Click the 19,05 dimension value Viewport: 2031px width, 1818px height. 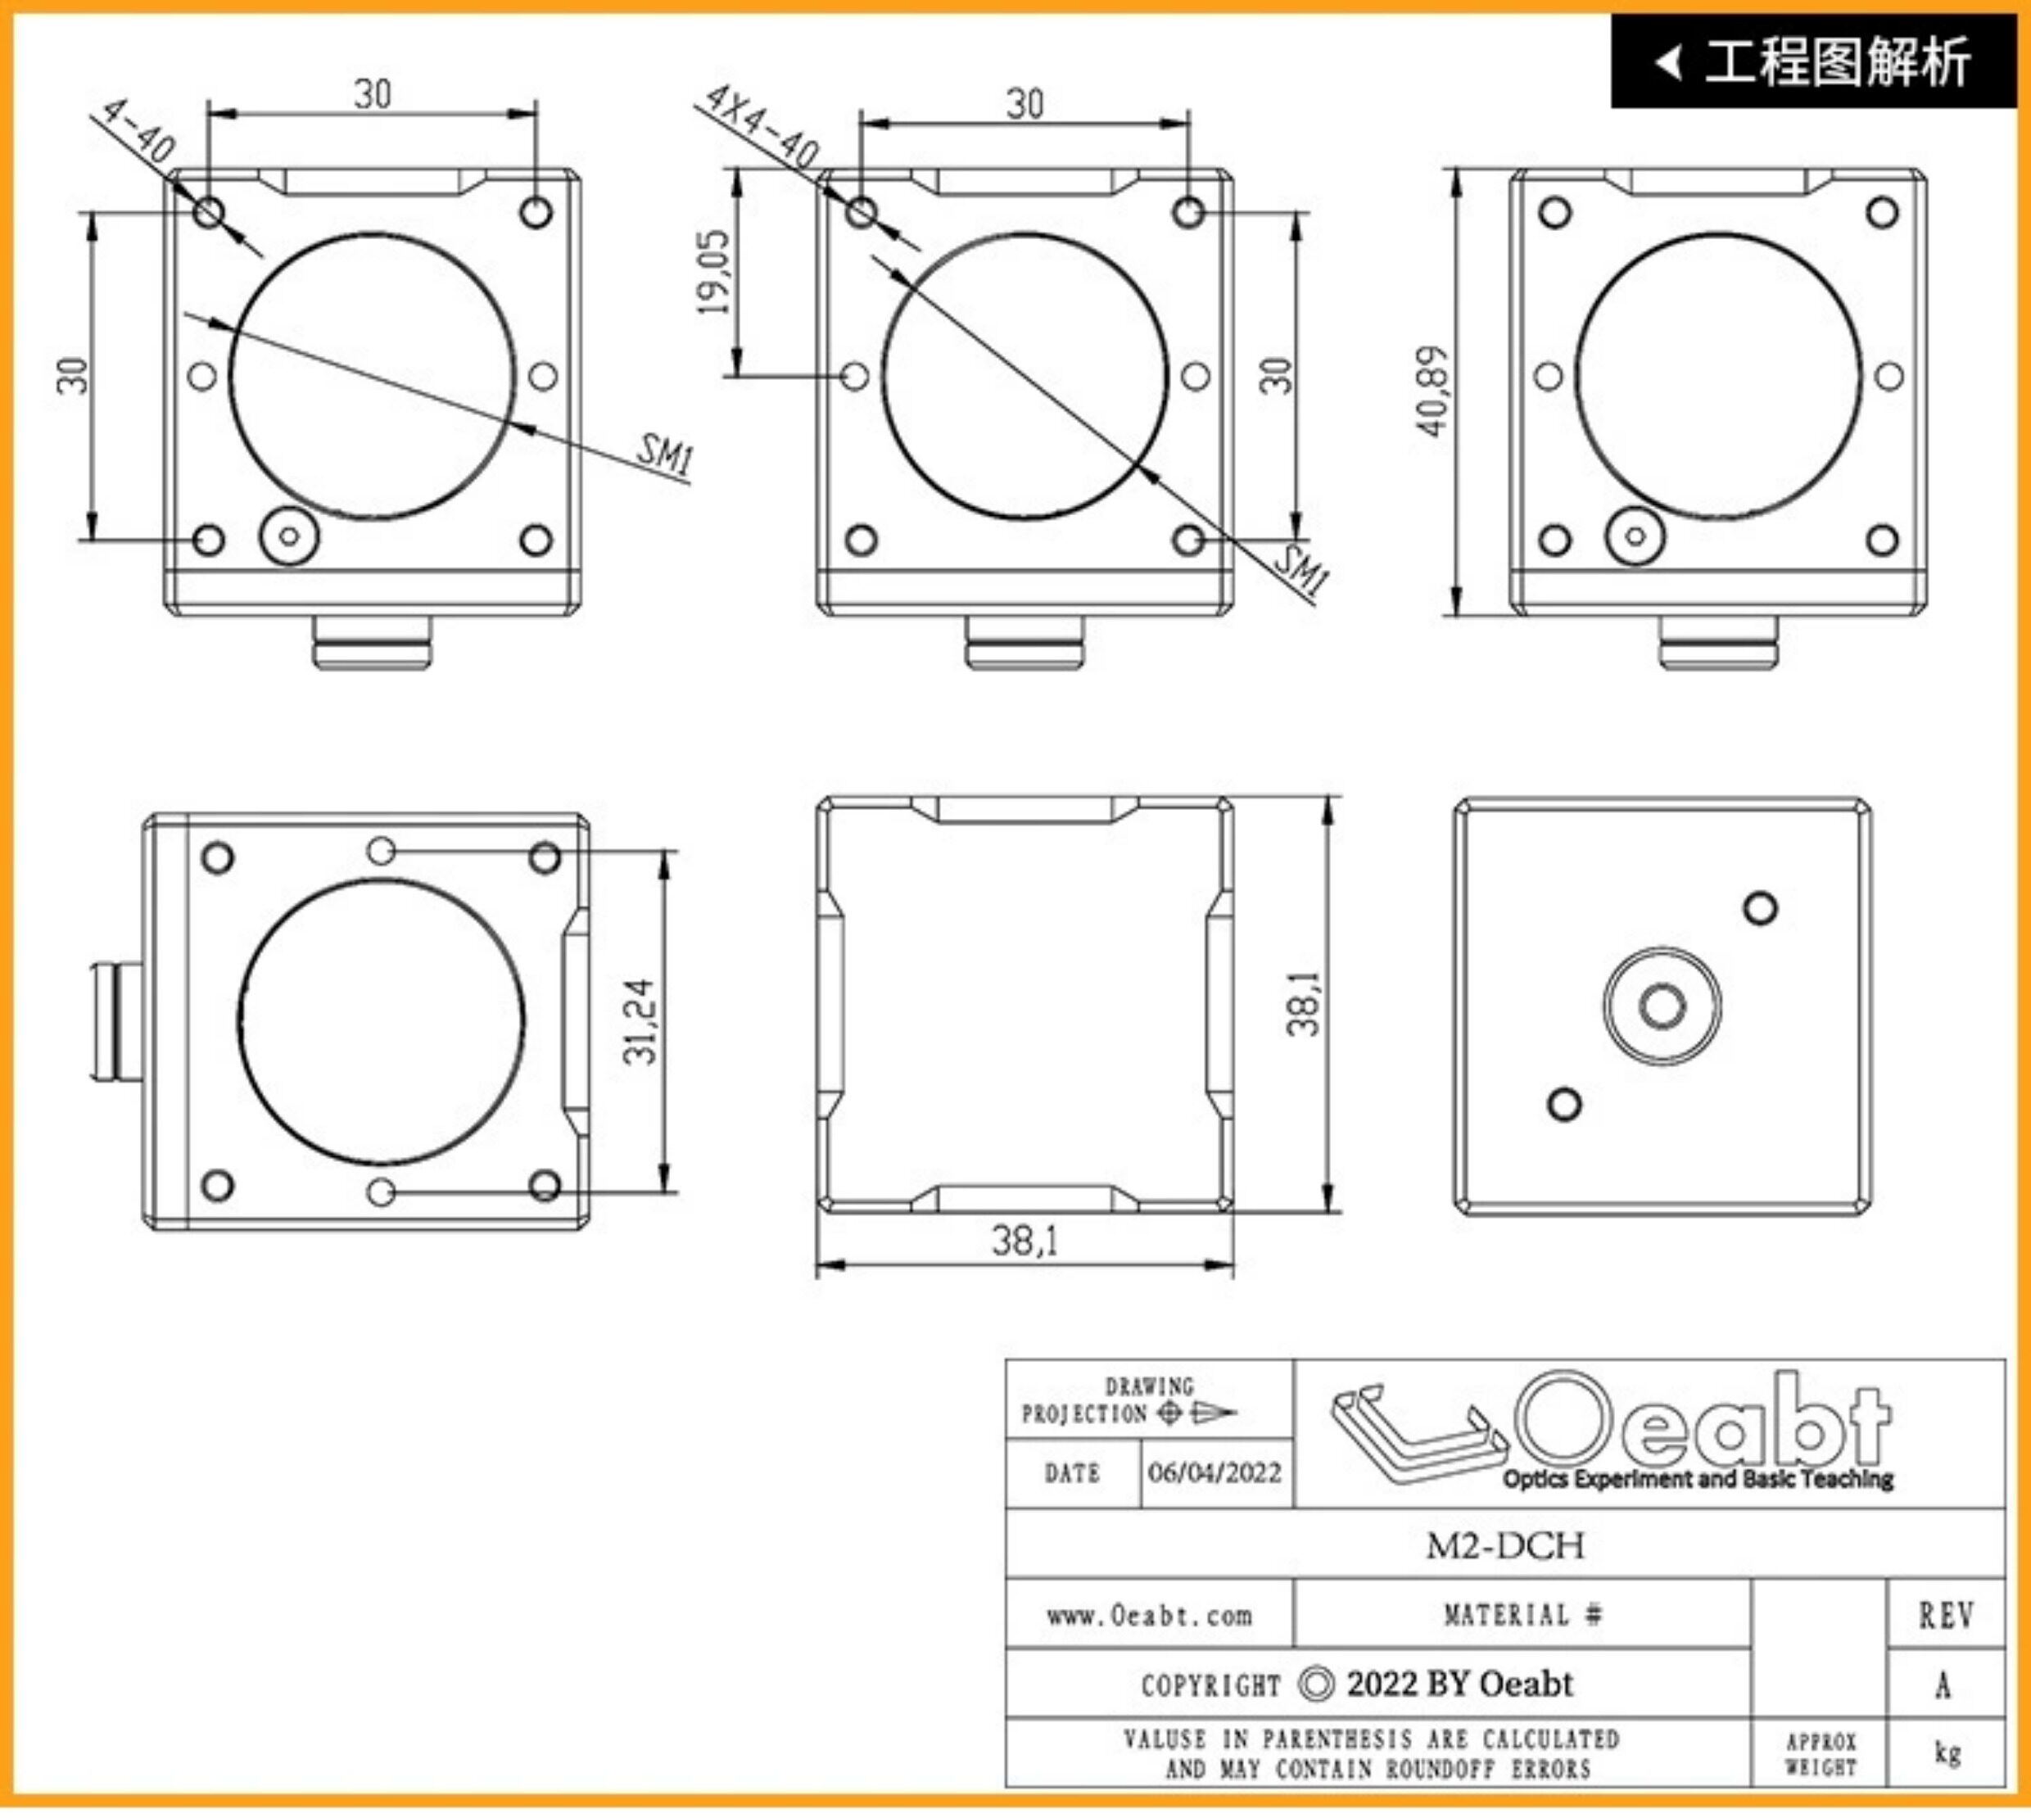click(x=715, y=272)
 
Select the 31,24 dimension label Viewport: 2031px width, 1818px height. click(x=640, y=1021)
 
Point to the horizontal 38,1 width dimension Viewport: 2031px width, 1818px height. click(x=1025, y=1241)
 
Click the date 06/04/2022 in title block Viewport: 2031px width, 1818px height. click(x=1215, y=1472)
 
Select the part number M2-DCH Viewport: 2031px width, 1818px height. click(x=1504, y=1545)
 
